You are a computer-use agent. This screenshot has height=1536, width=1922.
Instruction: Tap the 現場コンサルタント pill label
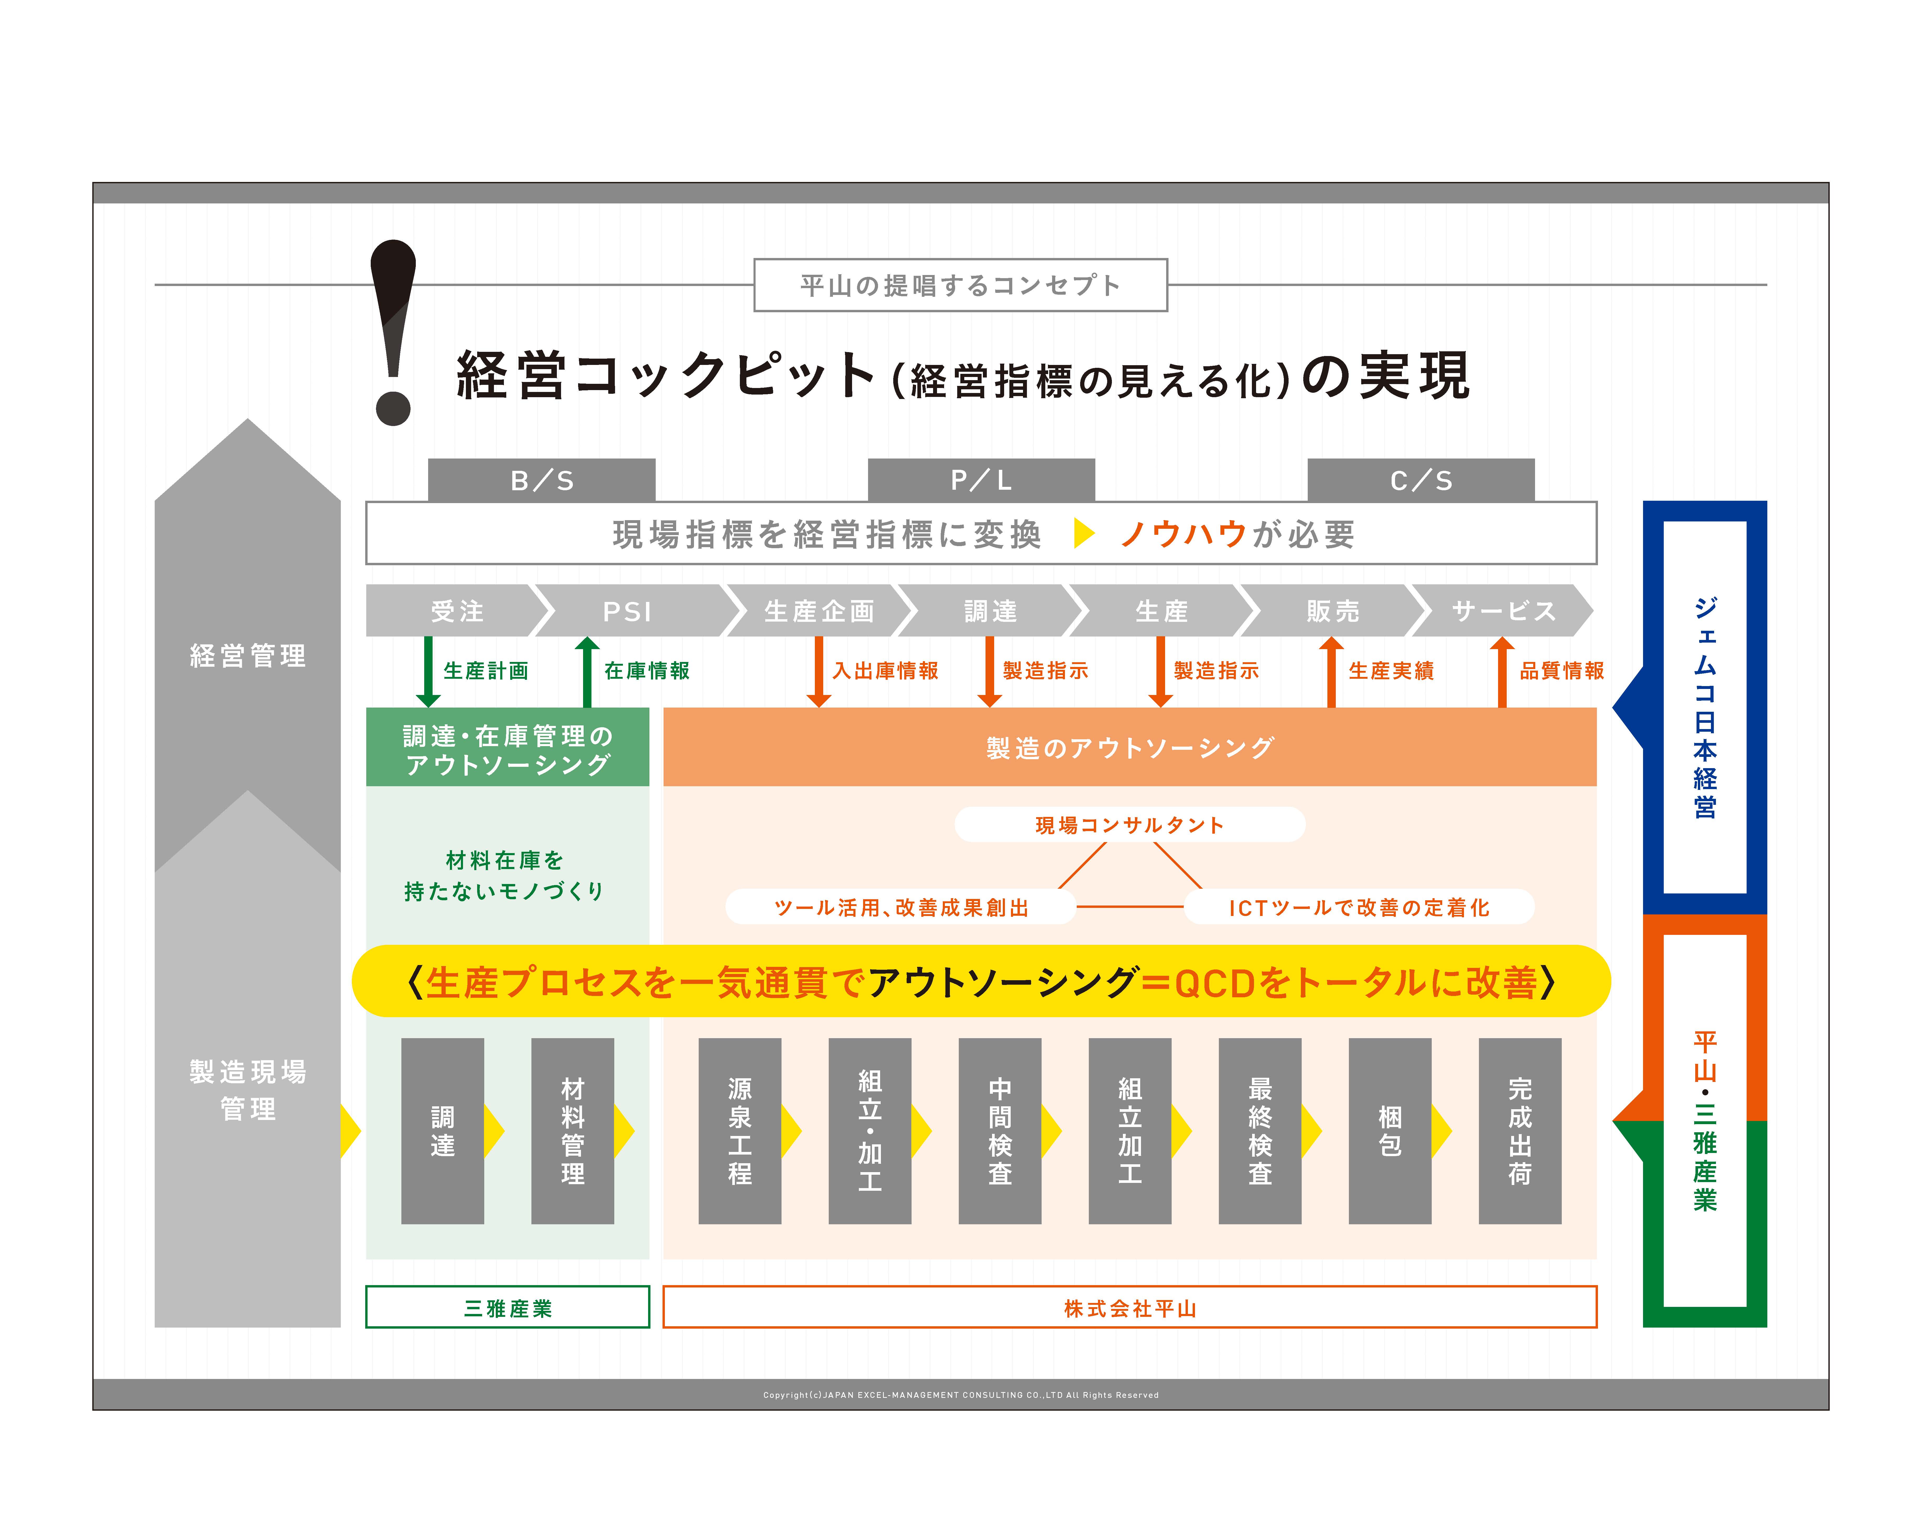point(1129,824)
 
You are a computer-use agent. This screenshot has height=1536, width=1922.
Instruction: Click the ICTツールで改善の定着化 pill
point(1359,908)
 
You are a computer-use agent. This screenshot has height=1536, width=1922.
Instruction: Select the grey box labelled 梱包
point(1390,1130)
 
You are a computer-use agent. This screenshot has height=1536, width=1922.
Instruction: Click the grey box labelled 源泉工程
point(740,1130)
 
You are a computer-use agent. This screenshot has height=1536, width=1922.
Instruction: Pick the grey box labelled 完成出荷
point(1520,1130)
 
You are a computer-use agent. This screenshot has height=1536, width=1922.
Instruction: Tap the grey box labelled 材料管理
point(572,1130)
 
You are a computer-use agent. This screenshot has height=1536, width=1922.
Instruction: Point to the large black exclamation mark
point(393,330)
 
